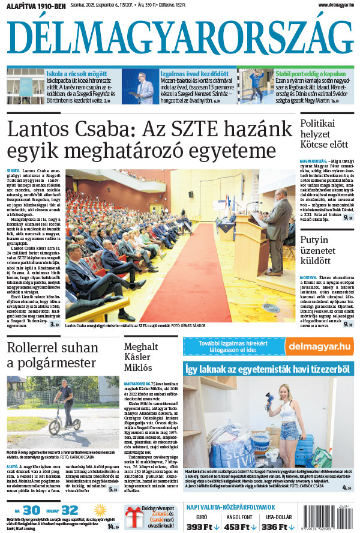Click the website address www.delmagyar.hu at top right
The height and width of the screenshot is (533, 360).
coord(328,5)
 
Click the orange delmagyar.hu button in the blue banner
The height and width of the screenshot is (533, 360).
coord(319,346)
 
